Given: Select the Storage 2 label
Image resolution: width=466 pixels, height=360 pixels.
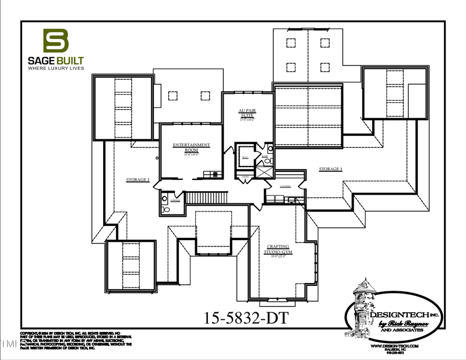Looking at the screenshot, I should tap(138, 180).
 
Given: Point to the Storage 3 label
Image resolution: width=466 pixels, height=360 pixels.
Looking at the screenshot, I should tap(330, 169).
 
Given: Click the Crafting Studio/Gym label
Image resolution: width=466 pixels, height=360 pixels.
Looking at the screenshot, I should tap(279, 249).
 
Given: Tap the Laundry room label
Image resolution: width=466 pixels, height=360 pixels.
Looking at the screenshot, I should tap(285, 186).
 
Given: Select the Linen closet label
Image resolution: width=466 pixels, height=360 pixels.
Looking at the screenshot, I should tap(245, 176).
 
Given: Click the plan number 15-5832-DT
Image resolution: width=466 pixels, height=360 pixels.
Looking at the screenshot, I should tap(246, 317).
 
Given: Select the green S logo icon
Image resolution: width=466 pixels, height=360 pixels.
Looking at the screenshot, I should tap(56, 41).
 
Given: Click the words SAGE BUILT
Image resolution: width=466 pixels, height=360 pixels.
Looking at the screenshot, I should tap(56, 60).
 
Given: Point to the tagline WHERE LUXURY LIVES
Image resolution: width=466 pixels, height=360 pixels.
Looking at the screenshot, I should tap(56, 68).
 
